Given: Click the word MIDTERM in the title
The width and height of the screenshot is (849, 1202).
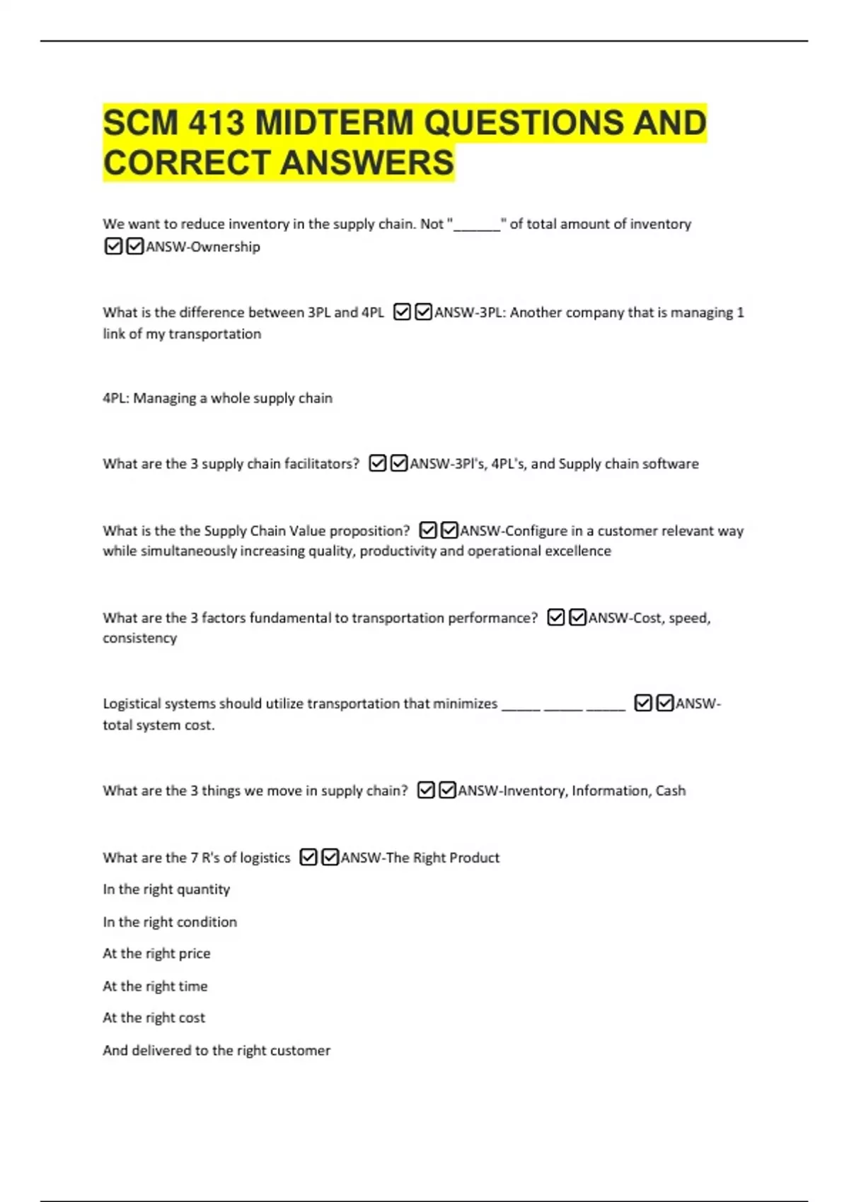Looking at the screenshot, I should (x=333, y=123).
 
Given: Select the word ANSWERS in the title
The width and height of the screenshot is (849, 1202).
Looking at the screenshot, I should (x=367, y=163).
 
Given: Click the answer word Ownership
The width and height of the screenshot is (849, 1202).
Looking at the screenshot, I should (x=225, y=247).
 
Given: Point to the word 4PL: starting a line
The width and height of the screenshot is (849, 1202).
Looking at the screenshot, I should (x=116, y=398).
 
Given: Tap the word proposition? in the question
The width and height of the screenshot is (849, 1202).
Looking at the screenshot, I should (x=369, y=531).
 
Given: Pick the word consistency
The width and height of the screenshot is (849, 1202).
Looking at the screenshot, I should (x=139, y=638).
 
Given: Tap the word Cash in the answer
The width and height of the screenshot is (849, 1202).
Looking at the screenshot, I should (x=670, y=790).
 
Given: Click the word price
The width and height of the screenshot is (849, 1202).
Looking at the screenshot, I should (x=195, y=954).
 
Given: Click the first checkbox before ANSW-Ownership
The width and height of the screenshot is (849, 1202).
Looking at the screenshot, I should (x=113, y=246).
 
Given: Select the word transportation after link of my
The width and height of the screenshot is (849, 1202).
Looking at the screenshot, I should (x=214, y=334).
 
